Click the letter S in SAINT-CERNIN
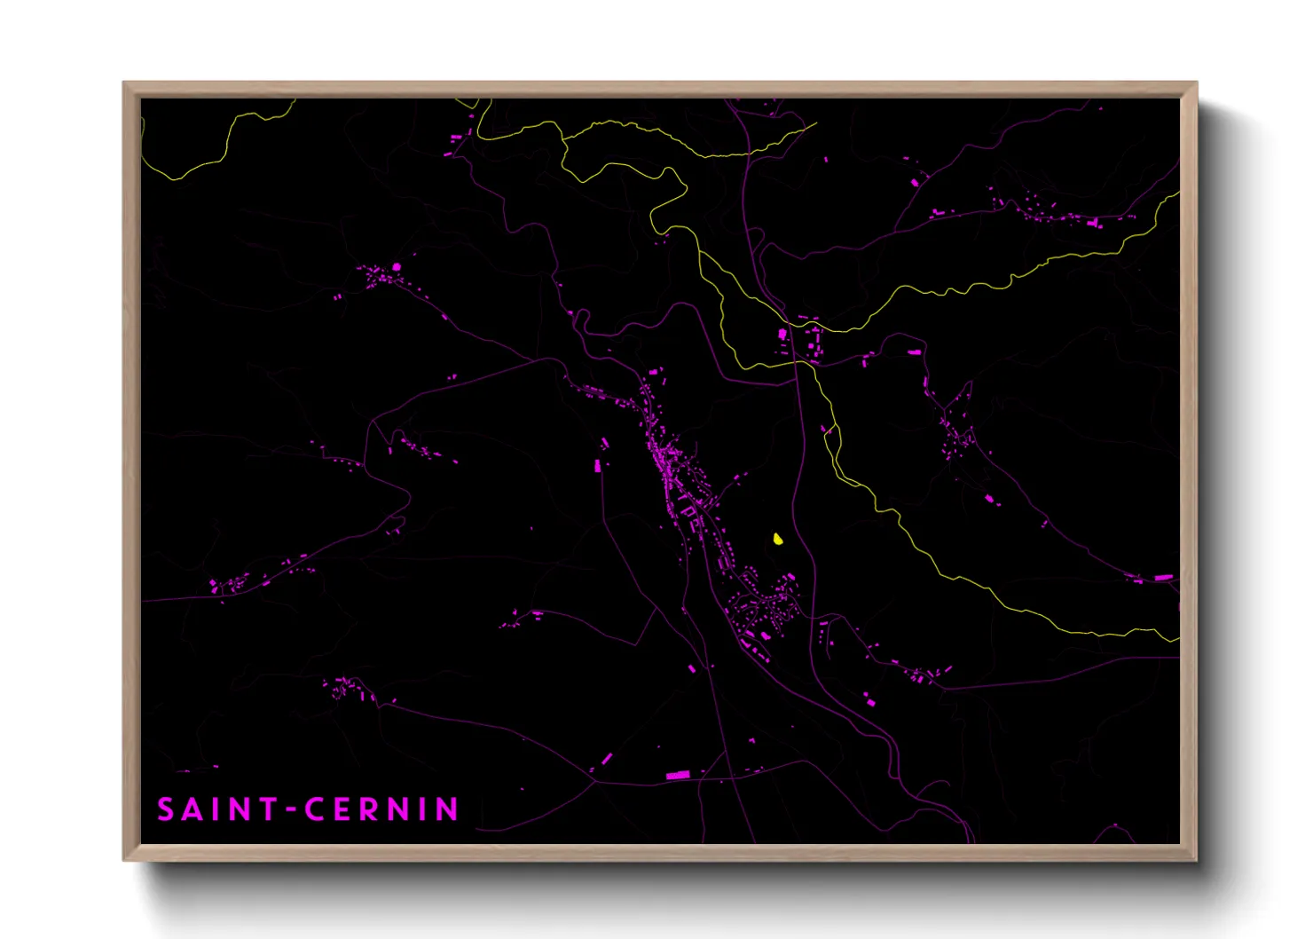[x=166, y=809]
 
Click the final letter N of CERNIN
[x=448, y=809]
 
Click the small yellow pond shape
[x=778, y=539]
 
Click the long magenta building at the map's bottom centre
[x=678, y=776]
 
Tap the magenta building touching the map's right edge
[x=1163, y=578]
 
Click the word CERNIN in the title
[x=381, y=809]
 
